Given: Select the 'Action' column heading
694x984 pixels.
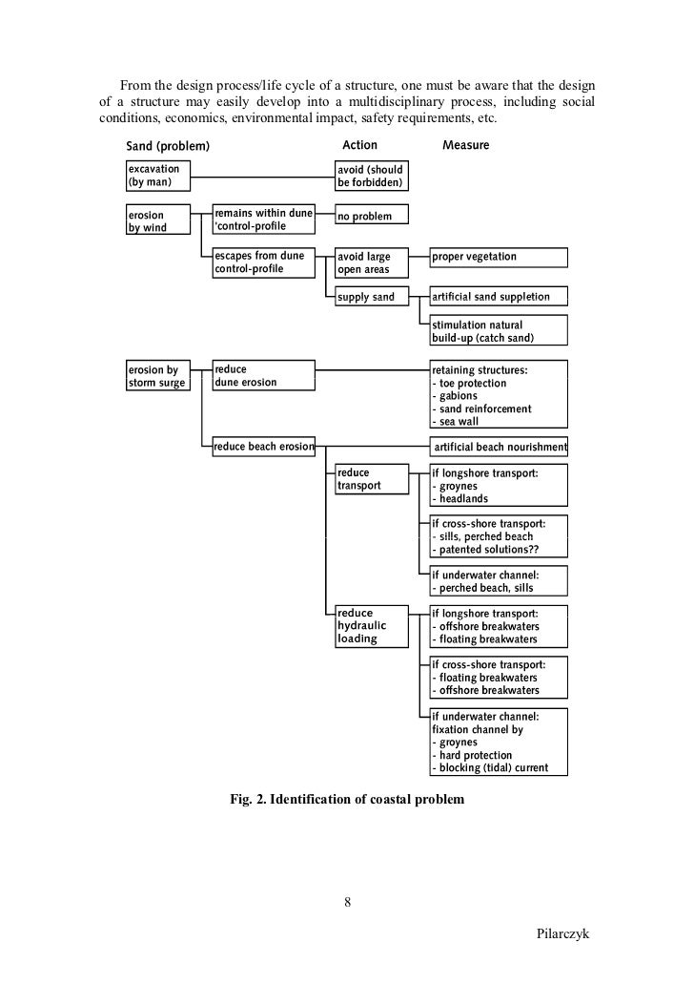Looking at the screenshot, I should (x=359, y=145).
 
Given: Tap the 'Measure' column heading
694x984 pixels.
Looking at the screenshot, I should (x=466, y=145).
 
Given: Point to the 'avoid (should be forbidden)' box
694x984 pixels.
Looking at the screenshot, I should (x=371, y=176).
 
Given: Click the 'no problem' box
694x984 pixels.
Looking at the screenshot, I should (x=371, y=217).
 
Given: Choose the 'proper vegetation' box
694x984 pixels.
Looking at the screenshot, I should (x=499, y=257).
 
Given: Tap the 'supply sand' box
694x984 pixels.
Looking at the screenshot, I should (x=371, y=297).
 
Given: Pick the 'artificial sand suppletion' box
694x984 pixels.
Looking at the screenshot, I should (x=499, y=297).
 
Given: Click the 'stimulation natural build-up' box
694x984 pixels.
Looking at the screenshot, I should (x=499, y=331).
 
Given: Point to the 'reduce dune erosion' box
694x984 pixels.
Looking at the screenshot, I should (x=262, y=376).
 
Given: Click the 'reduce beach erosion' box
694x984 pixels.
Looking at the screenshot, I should (x=262, y=446).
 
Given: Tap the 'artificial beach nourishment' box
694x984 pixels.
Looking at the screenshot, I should (x=500, y=446).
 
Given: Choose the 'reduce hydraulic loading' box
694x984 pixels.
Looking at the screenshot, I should (x=371, y=626).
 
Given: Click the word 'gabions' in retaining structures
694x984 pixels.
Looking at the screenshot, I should (x=455, y=396).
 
